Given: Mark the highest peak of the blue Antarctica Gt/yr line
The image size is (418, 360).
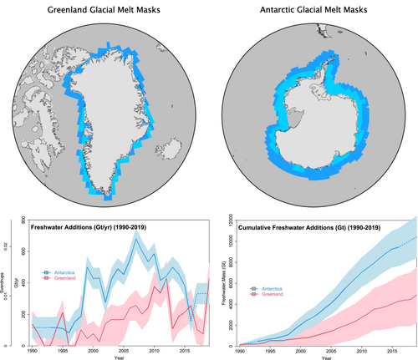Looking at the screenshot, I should (x=136, y=233).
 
